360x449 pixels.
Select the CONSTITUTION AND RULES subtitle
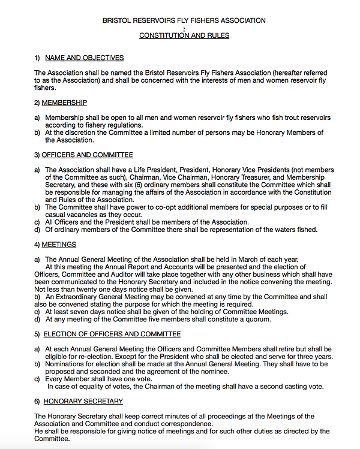pos(184,35)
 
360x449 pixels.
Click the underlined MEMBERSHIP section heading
pos(64,103)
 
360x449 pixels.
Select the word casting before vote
pos(290,387)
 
